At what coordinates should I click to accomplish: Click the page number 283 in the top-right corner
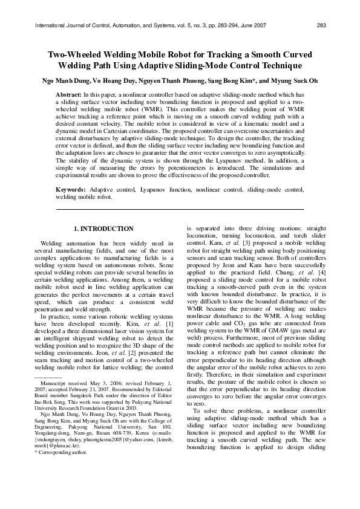(321, 25)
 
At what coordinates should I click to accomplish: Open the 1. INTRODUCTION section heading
(103, 229)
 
